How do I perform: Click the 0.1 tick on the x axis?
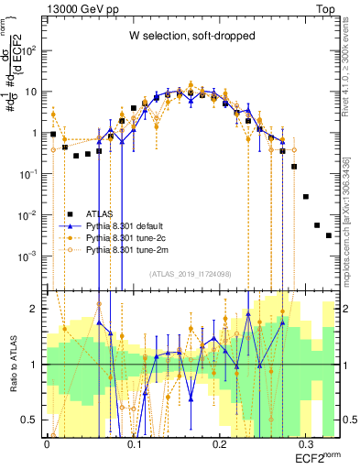pyautogui.click(x=134, y=443)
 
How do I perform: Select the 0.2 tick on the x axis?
pyautogui.click(x=220, y=443)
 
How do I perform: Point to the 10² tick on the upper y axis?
pyautogui.click(x=33, y=50)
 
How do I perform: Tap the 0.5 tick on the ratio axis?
pyautogui.click(x=33, y=420)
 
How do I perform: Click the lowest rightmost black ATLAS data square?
pyautogui.click(x=328, y=235)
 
